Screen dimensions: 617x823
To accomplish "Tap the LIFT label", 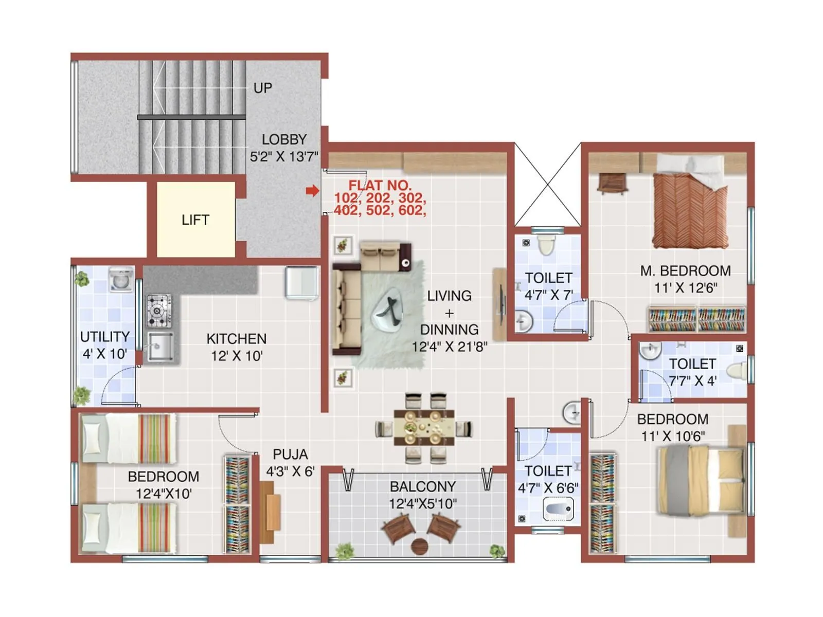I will [195, 220].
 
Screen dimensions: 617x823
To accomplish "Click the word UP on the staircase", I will [262, 88].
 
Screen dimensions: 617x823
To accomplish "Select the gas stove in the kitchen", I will [158, 311].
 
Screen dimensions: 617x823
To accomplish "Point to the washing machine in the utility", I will [121, 280].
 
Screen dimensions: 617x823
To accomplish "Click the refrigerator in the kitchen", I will [302, 283].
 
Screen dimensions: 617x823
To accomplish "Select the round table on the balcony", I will [420, 546].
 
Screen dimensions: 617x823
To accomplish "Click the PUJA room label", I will [290, 455].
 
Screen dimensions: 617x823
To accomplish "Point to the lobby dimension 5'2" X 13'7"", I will [284, 156].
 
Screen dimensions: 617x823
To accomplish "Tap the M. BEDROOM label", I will [685, 271].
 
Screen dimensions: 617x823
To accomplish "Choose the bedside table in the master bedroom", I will [613, 183].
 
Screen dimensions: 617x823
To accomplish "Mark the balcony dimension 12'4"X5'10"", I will [422, 504].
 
